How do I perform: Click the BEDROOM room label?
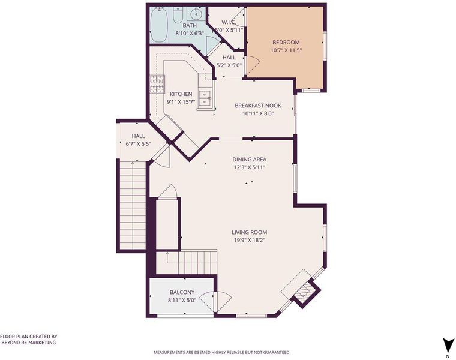coord(286,42)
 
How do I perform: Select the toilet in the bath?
coord(177,15)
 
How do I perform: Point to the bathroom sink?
coord(196,13)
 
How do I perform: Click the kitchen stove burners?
coord(157,84)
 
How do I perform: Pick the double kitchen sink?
coord(205,98)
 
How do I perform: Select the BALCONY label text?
coord(182,292)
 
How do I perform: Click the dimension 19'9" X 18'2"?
coord(249,240)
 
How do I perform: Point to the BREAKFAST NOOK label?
coord(258,106)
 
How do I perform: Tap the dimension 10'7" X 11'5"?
coord(286,50)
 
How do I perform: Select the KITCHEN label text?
coord(181,94)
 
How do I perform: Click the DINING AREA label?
coord(249,160)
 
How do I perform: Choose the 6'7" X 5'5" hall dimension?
coord(138,143)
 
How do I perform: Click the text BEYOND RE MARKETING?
coord(29,343)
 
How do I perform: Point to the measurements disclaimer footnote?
coord(221,352)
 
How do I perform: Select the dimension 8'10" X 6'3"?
coord(190,34)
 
